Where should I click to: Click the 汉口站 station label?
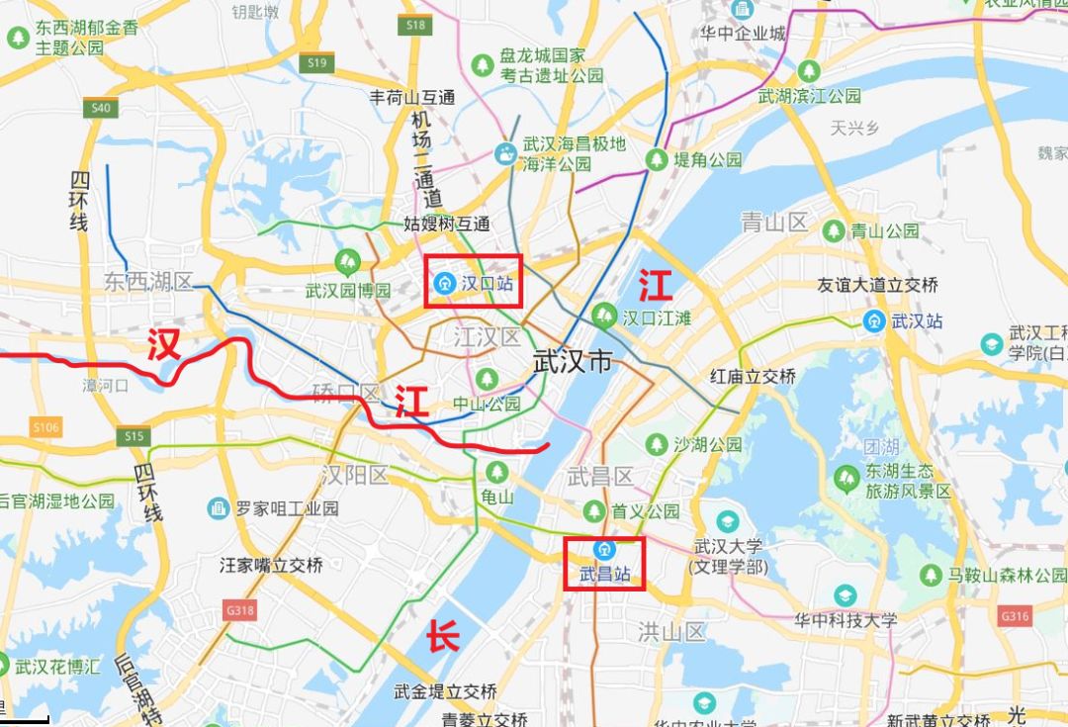click(x=489, y=283)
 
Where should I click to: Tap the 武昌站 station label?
click(x=603, y=574)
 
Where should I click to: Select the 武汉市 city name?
click(x=573, y=362)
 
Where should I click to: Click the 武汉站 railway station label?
click(x=917, y=320)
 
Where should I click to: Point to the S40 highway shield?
click(x=100, y=108)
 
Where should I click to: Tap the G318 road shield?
click(x=239, y=610)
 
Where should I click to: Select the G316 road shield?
click(x=1015, y=616)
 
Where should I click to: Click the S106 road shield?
click(x=45, y=427)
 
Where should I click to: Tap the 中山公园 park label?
click(x=487, y=404)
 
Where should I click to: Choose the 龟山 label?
click(x=497, y=498)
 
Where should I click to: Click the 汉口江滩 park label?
click(x=656, y=317)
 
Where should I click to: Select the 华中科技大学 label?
click(x=845, y=620)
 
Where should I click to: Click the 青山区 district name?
click(x=774, y=223)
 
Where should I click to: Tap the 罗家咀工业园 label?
click(x=287, y=508)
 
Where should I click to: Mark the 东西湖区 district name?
click(x=149, y=282)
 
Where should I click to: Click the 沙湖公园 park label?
click(x=707, y=445)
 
